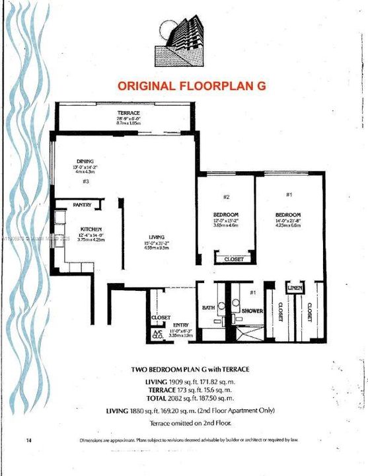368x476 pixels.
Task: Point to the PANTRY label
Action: click(x=82, y=205)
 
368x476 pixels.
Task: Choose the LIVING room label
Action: click(x=156, y=237)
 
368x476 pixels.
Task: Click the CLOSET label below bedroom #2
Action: click(x=233, y=260)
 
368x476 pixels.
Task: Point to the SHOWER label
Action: click(x=252, y=310)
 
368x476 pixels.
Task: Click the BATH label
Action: click(x=208, y=307)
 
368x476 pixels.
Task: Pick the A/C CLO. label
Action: click(x=157, y=334)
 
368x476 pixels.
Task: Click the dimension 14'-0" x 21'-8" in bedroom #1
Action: click(x=289, y=221)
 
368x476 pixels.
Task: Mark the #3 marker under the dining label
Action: click(x=85, y=181)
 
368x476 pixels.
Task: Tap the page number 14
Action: click(x=28, y=440)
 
